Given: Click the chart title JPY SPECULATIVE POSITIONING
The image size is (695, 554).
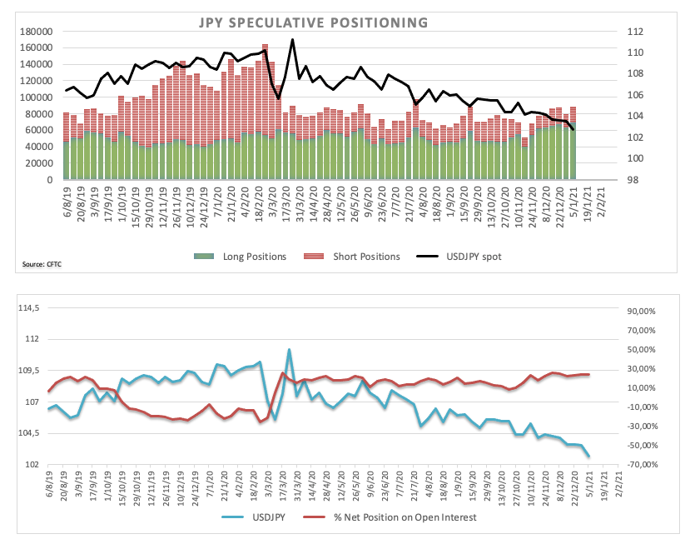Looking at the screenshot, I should tap(312, 22).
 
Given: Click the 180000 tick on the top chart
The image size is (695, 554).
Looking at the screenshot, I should tap(35, 32).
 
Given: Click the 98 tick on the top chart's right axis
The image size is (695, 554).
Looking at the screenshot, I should tap(633, 180).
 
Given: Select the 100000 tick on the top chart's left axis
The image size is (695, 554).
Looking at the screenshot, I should tap(35, 97).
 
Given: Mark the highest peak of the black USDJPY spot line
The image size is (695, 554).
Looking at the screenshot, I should tap(292, 39).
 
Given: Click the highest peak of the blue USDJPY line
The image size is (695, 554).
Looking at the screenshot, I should tap(289, 349).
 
